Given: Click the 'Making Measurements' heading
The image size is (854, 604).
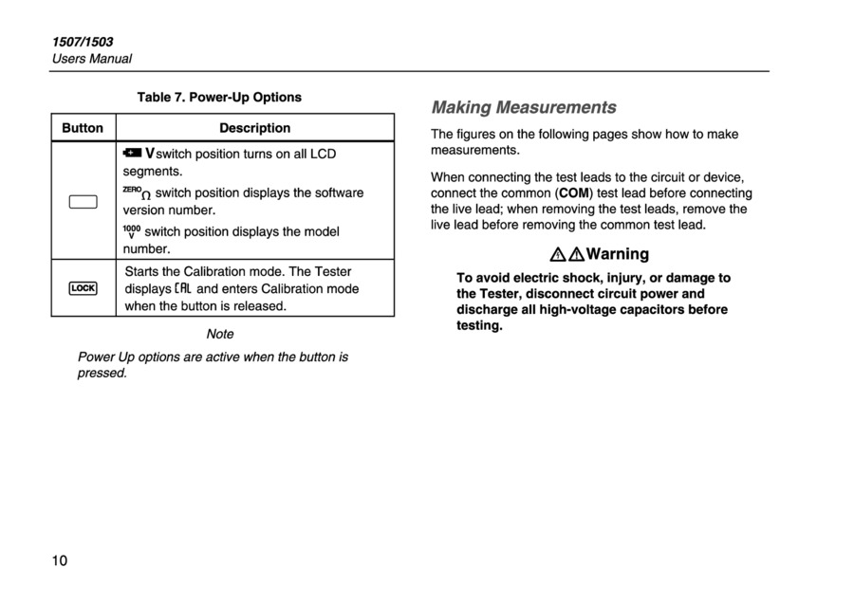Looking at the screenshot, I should click(x=524, y=107).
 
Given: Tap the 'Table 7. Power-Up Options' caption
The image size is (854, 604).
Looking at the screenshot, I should click(x=219, y=97).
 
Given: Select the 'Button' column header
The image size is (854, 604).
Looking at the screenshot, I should click(x=83, y=128).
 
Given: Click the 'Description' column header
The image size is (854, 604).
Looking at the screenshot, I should click(x=254, y=128).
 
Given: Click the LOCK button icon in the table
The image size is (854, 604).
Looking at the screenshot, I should click(x=83, y=288).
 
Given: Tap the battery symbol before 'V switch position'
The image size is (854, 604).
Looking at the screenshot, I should click(x=131, y=153).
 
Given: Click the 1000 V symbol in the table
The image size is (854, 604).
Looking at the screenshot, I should click(x=132, y=231).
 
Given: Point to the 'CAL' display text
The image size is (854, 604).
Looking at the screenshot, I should click(x=184, y=289).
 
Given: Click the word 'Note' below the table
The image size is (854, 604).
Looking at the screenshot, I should click(x=219, y=334).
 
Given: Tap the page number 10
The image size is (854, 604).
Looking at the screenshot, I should click(x=60, y=561).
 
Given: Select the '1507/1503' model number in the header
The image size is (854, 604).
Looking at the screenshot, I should click(x=82, y=42).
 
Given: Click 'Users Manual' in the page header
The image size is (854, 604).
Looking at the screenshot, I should click(x=91, y=59).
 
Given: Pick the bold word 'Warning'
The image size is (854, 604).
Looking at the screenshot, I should click(x=618, y=254).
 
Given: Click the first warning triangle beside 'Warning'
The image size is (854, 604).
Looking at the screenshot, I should click(x=558, y=254).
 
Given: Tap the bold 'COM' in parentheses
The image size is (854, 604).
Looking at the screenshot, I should click(x=574, y=192).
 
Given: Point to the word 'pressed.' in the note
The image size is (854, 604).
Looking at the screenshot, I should click(x=102, y=373).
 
